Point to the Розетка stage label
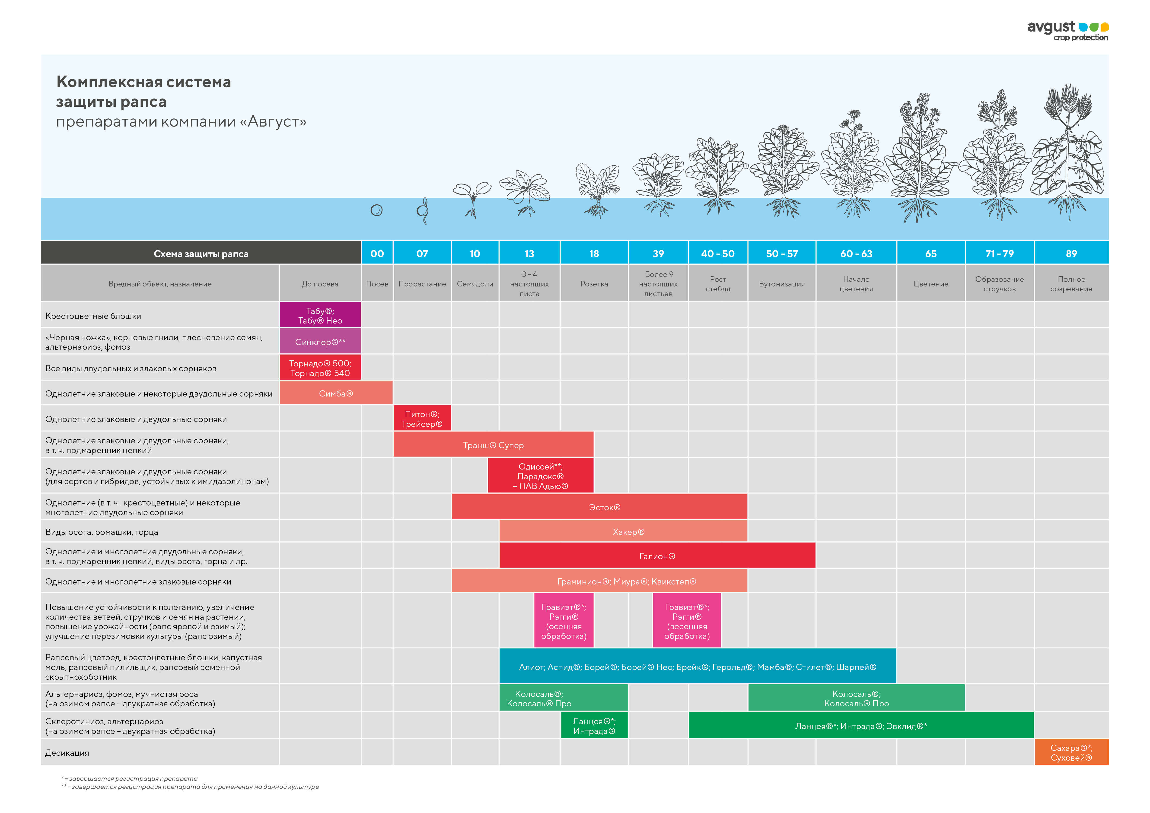point(594,284)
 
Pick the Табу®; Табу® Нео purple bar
point(320,315)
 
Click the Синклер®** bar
point(320,342)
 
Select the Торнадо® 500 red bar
point(320,368)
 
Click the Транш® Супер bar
point(493,445)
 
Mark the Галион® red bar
point(657,556)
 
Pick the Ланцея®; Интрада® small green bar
point(594,726)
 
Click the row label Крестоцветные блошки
point(93,316)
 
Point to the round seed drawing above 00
point(377,210)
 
